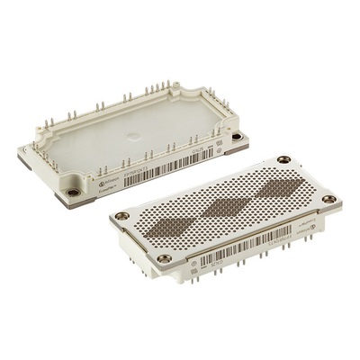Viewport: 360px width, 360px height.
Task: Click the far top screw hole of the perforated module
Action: (x=283, y=160)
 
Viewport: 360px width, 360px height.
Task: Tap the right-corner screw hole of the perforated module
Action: (x=329, y=199)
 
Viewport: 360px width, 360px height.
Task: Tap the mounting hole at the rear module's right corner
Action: (x=237, y=137)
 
